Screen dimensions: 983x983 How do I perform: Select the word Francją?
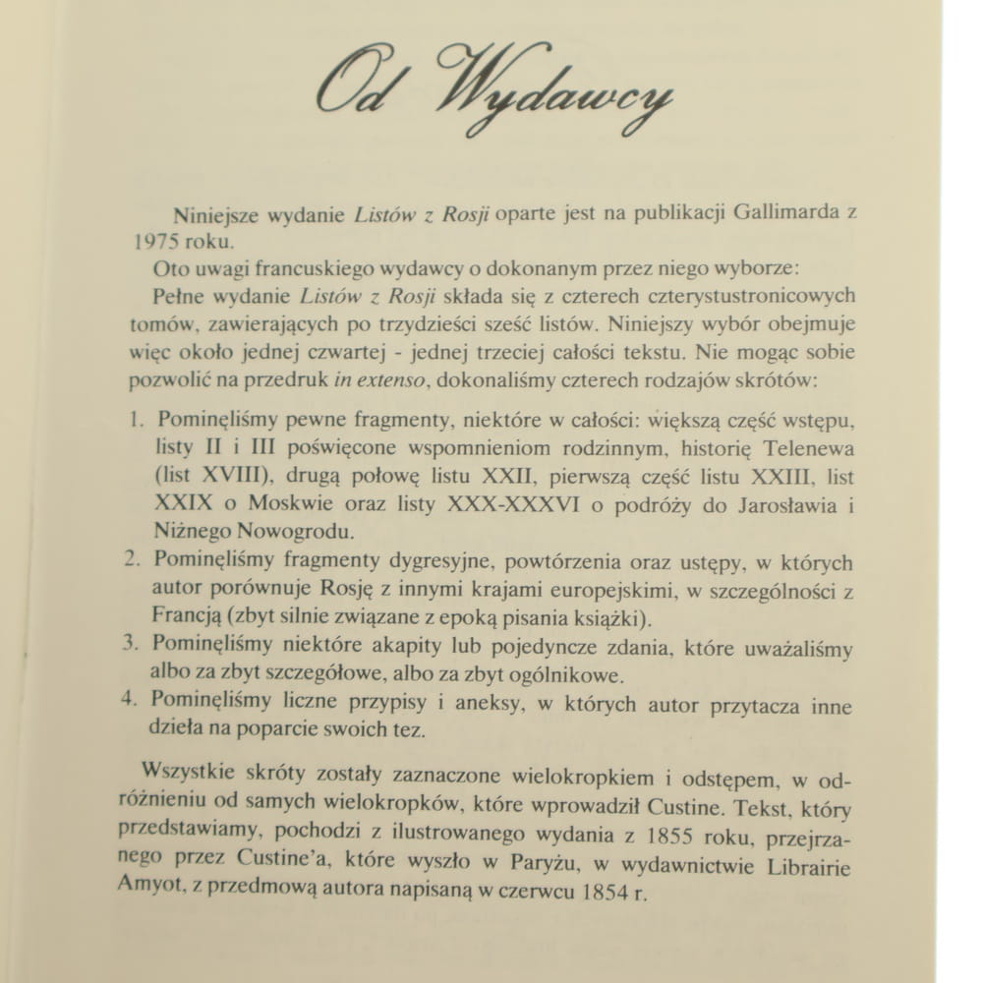186,619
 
